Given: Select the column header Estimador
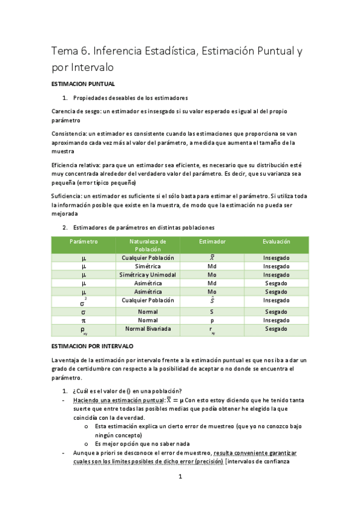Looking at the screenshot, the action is tap(212, 241).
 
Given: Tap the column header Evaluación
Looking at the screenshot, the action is tap(276, 241).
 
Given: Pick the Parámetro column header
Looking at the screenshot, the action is tap(84, 241).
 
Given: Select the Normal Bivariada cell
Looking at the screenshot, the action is tap(148, 329).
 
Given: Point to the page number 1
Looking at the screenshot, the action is tap(180, 478).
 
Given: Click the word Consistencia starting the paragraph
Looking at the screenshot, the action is tap(70, 134).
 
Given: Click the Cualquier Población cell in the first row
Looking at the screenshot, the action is tap(148, 257).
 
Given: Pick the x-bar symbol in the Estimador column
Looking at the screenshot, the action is tap(212, 257).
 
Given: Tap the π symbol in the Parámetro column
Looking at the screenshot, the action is tap(84, 321).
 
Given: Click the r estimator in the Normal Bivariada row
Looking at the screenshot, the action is tap(212, 330).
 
